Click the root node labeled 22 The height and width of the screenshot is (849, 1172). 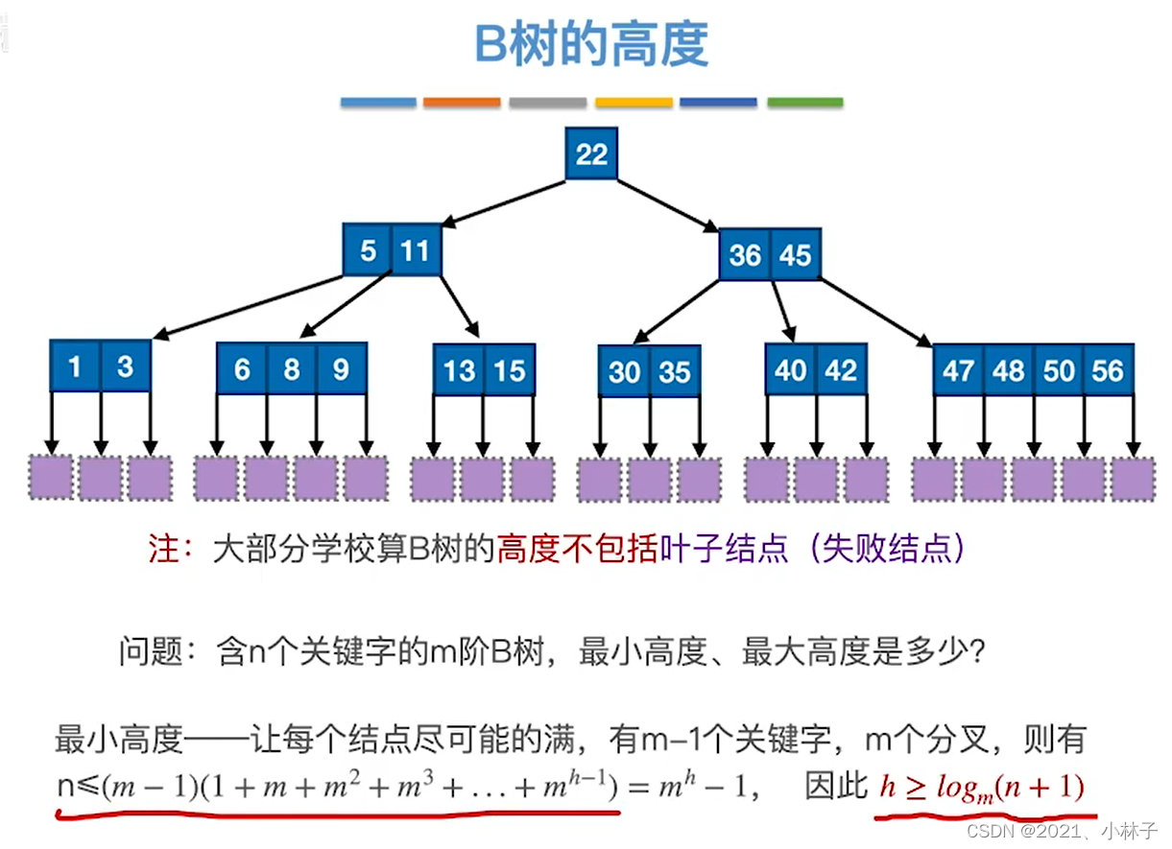click(x=591, y=154)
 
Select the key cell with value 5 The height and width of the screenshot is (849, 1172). click(x=368, y=251)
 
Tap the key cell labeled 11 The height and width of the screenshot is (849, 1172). click(x=415, y=251)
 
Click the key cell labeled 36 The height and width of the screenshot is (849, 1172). click(x=745, y=255)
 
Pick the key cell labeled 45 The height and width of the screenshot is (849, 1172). click(x=795, y=255)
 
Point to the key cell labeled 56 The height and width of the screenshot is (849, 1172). click(x=1108, y=370)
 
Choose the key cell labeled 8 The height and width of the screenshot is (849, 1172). click(x=291, y=369)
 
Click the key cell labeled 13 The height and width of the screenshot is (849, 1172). click(x=459, y=370)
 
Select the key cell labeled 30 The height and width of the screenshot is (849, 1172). click(x=624, y=371)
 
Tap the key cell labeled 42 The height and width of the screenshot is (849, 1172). click(x=841, y=370)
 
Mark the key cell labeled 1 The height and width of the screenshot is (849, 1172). click(x=76, y=366)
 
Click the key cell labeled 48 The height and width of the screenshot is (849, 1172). click(x=1008, y=370)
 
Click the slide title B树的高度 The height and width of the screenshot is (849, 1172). click(x=591, y=45)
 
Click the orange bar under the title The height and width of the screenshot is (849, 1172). click(x=462, y=102)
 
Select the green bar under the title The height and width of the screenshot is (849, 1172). click(x=804, y=102)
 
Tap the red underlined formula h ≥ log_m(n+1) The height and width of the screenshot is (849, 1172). click(x=982, y=788)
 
